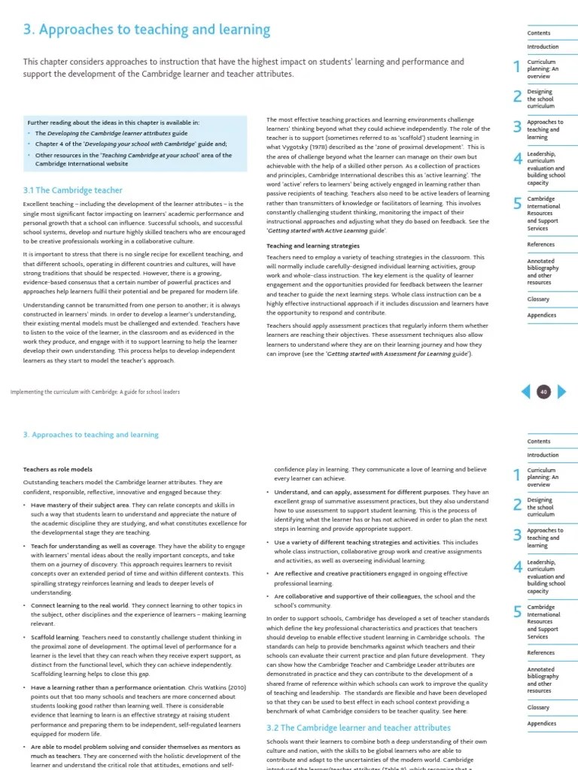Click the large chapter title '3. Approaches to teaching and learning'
coord(147,30)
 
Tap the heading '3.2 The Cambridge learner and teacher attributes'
coord(359,728)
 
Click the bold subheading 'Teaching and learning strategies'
coord(313,246)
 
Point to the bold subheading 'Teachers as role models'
coord(58,469)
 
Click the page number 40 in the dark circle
coord(543,391)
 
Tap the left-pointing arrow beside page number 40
coord(526,391)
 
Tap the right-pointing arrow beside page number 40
coord(561,391)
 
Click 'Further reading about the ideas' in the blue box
coord(75,122)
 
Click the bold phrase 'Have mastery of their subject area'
coord(80,505)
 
